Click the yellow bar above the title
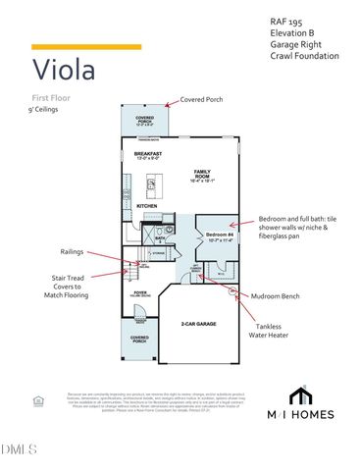click(72, 46)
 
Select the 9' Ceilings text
click(47, 111)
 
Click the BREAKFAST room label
click(147, 154)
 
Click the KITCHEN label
click(147, 205)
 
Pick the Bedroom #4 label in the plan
click(218, 235)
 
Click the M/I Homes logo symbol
click(301, 395)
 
